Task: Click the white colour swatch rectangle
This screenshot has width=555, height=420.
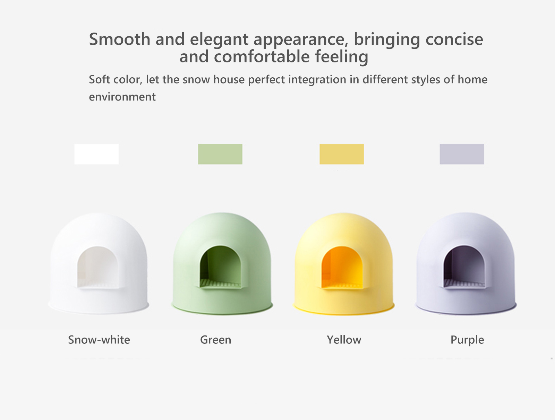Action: point(96,154)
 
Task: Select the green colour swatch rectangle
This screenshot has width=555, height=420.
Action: point(220,154)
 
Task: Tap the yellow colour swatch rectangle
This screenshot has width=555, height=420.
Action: point(342,154)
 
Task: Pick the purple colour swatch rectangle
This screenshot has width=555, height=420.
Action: point(462,154)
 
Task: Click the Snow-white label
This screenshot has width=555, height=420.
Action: point(99,340)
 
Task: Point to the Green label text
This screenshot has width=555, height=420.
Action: point(216,340)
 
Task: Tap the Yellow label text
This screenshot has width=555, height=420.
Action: point(344,340)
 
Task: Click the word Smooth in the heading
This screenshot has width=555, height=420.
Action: point(120,39)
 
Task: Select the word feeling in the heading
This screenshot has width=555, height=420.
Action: point(342,57)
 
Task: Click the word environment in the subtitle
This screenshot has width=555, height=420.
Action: point(122,97)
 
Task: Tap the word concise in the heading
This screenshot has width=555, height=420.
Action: point(454,40)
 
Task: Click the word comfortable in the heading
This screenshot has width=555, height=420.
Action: point(262,56)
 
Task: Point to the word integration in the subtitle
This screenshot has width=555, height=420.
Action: point(317,80)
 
